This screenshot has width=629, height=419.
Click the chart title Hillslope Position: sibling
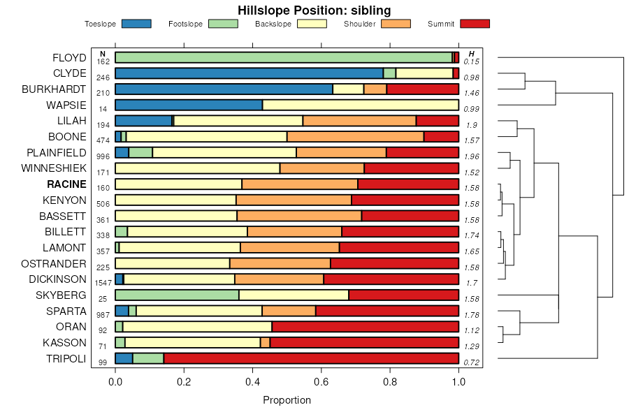click(314, 10)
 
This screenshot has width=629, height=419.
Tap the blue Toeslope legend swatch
click(136, 24)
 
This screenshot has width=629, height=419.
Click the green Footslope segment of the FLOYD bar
click(283, 57)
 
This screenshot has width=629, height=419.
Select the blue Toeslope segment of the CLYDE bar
click(249, 73)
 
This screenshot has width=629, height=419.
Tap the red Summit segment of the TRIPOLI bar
click(311, 358)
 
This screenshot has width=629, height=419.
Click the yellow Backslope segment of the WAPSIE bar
click(360, 105)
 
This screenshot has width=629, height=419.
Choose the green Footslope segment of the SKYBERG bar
click(177, 295)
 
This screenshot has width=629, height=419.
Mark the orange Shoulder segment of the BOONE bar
click(355, 136)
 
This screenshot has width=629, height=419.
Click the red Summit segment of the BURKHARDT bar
click(422, 89)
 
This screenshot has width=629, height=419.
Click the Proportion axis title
click(287, 400)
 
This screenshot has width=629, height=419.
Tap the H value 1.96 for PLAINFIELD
click(471, 156)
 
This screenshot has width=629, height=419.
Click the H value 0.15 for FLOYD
click(471, 61)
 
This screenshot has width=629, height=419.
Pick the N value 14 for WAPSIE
click(103, 109)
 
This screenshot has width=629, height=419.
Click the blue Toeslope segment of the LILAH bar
click(143, 121)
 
